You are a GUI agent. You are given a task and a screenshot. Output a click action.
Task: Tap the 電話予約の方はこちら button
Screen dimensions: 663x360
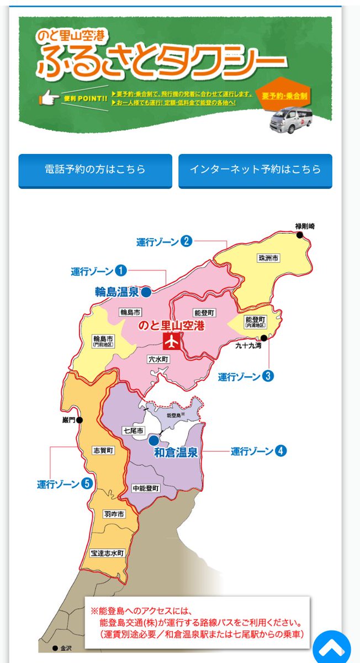(x=95, y=170)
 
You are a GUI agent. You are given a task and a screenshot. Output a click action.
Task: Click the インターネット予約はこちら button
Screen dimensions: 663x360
(x=255, y=170)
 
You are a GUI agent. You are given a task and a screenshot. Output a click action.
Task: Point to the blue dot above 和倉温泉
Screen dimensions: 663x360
(x=153, y=441)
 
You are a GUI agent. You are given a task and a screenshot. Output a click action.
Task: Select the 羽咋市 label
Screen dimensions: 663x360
(x=114, y=514)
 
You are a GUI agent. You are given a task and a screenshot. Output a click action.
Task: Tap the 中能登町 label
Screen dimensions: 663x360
(x=146, y=489)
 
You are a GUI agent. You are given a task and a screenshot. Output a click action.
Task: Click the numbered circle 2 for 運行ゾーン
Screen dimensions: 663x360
(x=187, y=241)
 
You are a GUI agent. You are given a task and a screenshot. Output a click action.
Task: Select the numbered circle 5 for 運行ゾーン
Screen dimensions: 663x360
(x=86, y=484)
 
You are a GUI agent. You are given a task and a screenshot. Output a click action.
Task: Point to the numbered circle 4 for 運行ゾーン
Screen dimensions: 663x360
(x=281, y=451)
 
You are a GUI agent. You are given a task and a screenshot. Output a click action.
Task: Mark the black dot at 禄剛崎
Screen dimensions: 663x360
(x=300, y=235)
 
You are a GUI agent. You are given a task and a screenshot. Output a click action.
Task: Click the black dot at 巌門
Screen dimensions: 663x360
(x=81, y=420)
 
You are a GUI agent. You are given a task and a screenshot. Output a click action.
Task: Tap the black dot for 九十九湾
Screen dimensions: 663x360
(x=264, y=338)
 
